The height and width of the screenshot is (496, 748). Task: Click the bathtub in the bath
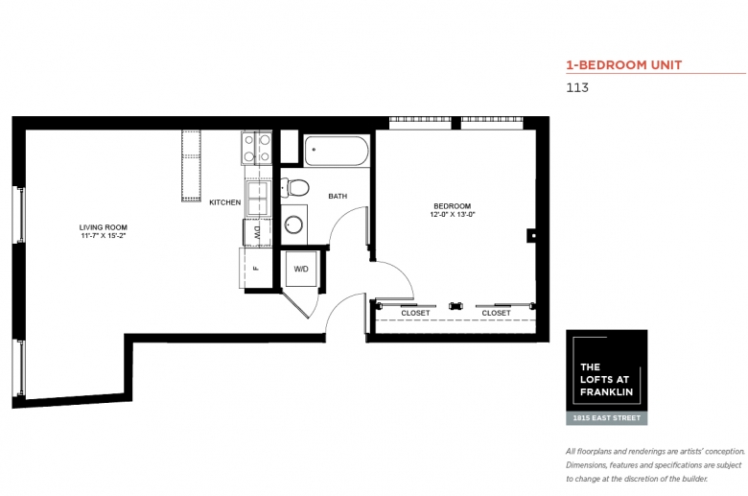[337, 151]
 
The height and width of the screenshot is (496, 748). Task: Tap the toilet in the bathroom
[294, 188]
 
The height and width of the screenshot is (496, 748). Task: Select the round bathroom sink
[293, 224]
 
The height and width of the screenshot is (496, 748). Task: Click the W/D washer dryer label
[301, 269]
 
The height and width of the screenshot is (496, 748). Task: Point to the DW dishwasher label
[257, 232]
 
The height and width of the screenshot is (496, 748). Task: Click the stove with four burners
[257, 148]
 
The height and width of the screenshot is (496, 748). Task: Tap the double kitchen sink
[258, 198]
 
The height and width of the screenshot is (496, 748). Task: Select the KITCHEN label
[225, 202]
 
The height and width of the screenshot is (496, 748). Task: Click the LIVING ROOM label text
[103, 227]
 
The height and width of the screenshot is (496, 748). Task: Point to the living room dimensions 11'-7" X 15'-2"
[103, 235]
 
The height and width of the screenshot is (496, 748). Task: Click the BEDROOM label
[453, 205]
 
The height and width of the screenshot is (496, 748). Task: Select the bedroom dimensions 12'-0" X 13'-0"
[453, 214]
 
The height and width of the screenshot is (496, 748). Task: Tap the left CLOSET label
[415, 313]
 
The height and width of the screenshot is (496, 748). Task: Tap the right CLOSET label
[496, 313]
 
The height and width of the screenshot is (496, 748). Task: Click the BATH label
[338, 196]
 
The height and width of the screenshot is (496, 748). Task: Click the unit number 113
[577, 87]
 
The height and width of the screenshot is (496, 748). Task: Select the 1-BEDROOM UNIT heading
[624, 65]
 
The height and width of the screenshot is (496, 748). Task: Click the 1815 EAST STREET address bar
[607, 417]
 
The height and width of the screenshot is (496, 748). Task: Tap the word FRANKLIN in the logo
[606, 392]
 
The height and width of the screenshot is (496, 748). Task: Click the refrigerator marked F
[256, 269]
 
